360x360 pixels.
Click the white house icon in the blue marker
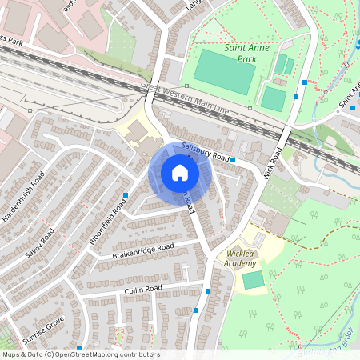point(179,173)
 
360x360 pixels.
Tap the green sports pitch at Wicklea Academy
point(253,280)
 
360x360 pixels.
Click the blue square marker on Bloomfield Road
point(126,194)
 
